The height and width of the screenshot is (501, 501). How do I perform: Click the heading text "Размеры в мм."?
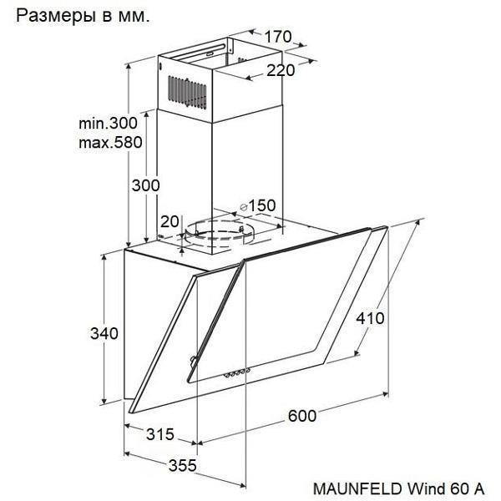pyautogui.click(x=83, y=16)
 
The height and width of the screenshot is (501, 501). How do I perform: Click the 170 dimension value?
pyautogui.click(x=278, y=37)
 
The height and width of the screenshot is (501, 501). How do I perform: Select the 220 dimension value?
pyautogui.click(x=281, y=70)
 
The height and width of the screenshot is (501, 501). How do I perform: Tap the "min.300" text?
pyautogui.click(x=108, y=123)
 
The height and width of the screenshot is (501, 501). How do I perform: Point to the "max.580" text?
pyautogui.click(x=110, y=142)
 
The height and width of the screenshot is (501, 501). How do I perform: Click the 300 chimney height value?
pyautogui.click(x=145, y=185)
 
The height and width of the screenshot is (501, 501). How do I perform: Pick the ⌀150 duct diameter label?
pyautogui.click(x=257, y=205)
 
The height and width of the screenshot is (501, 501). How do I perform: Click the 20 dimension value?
pyautogui.click(x=170, y=221)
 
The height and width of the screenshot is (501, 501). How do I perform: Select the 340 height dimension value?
pyautogui.click(x=104, y=333)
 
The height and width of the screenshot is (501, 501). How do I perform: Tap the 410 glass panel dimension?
pyautogui.click(x=370, y=318)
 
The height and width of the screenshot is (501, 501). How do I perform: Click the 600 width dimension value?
pyautogui.click(x=302, y=416)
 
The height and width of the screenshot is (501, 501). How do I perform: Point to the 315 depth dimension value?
pyautogui.click(x=160, y=434)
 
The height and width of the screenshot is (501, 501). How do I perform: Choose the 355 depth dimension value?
pyautogui.click(x=182, y=466)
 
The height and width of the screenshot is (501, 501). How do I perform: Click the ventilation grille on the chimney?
pyautogui.click(x=187, y=93)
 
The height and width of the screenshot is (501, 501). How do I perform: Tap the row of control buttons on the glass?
pyautogui.click(x=236, y=372)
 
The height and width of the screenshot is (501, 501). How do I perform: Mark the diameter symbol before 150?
pyautogui.click(x=244, y=207)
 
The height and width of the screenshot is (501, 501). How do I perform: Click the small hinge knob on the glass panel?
pyautogui.click(x=193, y=360)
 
